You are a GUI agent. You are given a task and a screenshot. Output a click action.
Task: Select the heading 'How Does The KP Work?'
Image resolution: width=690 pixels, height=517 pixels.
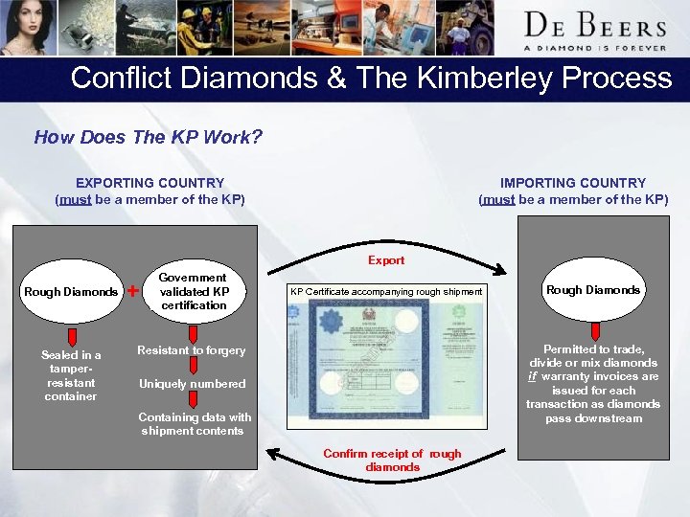(x=148, y=137)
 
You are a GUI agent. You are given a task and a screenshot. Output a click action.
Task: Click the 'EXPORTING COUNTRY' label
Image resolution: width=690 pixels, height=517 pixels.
(x=149, y=183)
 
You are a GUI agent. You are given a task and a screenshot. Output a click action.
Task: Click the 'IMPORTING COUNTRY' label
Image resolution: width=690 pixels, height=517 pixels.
(x=573, y=183)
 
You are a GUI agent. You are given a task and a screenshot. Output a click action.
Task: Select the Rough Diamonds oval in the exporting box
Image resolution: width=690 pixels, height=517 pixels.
(x=71, y=291)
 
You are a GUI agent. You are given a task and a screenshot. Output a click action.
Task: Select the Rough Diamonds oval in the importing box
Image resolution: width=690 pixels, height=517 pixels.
(x=592, y=290)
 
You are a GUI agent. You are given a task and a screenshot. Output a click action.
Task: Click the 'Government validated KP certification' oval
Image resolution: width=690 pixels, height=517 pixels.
(x=194, y=291)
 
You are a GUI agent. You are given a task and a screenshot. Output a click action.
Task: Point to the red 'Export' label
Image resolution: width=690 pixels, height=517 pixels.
(x=386, y=260)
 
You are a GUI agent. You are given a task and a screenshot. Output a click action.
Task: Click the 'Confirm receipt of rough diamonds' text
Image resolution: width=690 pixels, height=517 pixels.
(x=392, y=460)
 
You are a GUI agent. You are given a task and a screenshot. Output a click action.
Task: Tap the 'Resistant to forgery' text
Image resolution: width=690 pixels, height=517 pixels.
(x=191, y=350)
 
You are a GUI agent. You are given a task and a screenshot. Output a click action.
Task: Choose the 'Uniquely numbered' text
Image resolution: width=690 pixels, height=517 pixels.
(x=192, y=384)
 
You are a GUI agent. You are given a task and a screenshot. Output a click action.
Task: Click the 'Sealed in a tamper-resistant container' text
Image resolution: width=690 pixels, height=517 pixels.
(x=71, y=375)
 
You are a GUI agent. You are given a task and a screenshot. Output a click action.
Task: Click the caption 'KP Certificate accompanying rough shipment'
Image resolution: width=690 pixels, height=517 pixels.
(x=386, y=291)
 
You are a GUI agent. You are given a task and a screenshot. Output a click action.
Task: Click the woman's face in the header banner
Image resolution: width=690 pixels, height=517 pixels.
(x=25, y=24)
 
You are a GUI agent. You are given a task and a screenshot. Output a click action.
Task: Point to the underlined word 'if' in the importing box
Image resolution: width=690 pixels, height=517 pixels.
(x=532, y=376)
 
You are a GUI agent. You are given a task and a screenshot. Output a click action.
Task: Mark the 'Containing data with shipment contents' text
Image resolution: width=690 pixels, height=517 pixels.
(x=194, y=423)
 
